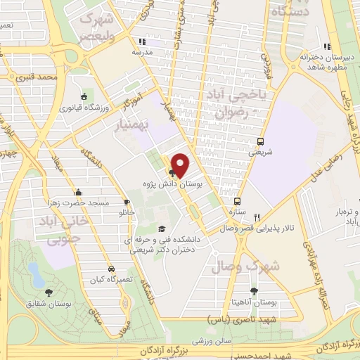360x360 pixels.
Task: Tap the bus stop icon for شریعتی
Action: click(262, 141)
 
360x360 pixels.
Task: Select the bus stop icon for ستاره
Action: click(237, 200)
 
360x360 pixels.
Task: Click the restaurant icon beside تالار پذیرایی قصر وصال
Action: click(258, 217)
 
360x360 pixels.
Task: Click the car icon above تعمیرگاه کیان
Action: click(111, 269)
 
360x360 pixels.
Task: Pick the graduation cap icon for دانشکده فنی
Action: click(162, 229)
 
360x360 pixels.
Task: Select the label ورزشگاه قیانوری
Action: click(82, 108)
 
